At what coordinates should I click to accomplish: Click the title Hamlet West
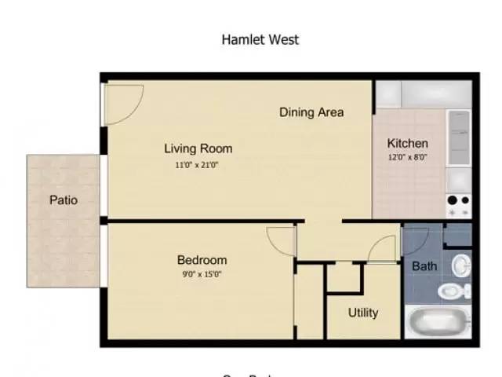click(260, 39)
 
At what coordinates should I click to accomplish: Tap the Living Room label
click(198, 148)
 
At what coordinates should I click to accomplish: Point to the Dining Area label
click(311, 112)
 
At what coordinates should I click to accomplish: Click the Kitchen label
click(408, 144)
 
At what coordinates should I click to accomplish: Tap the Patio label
click(64, 199)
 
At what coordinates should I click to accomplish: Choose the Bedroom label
click(202, 260)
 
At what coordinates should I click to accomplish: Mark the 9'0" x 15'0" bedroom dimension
click(202, 275)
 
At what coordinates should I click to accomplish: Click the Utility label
click(363, 313)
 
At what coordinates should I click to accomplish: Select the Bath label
click(424, 266)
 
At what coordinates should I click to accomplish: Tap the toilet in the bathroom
click(453, 291)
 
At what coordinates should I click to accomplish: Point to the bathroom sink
click(463, 265)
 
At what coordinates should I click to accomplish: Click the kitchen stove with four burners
click(459, 206)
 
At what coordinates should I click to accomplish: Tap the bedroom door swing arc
click(279, 240)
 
